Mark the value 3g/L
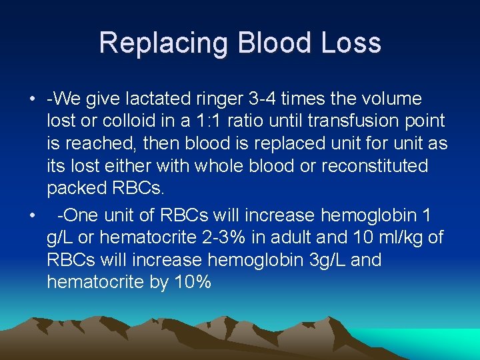point(322,260)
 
